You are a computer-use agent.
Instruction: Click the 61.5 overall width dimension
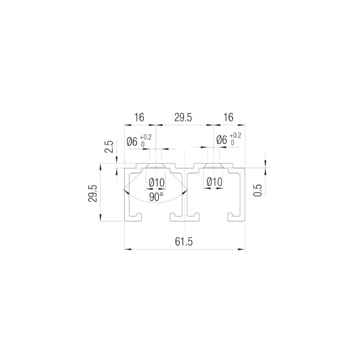184,242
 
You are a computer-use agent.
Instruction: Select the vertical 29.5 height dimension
93,193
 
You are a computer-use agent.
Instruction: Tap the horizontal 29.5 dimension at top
183,117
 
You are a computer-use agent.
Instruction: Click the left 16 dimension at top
139,117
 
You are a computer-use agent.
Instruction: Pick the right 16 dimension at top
228,117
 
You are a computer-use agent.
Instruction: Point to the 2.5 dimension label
109,147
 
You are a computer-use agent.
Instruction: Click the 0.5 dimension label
257,190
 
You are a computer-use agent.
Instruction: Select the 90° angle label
156,197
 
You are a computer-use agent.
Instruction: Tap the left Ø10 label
157,183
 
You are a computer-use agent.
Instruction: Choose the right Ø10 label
215,182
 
